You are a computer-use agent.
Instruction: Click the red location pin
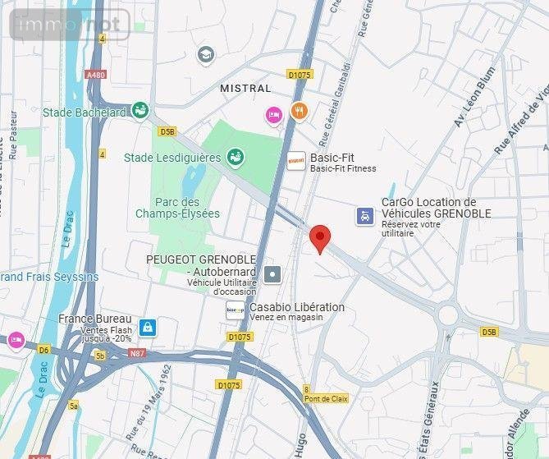[320, 236]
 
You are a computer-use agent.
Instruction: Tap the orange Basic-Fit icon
[296, 162]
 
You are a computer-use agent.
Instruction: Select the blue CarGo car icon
[364, 215]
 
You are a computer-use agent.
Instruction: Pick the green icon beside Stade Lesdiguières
[236, 156]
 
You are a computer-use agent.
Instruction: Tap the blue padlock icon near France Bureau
[147, 328]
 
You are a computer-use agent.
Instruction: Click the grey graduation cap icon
[206, 55]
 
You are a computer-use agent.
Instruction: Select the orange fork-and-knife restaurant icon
[299, 111]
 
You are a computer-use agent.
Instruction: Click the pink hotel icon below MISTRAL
[274, 115]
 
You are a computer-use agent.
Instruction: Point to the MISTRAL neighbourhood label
[245, 88]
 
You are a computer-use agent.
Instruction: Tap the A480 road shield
[95, 75]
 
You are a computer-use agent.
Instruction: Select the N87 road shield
[137, 354]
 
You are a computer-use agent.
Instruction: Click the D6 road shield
[43, 349]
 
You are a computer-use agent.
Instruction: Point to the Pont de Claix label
[327, 399]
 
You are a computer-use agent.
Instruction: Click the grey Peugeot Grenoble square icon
[272, 275]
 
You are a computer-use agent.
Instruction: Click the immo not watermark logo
[70, 25]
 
